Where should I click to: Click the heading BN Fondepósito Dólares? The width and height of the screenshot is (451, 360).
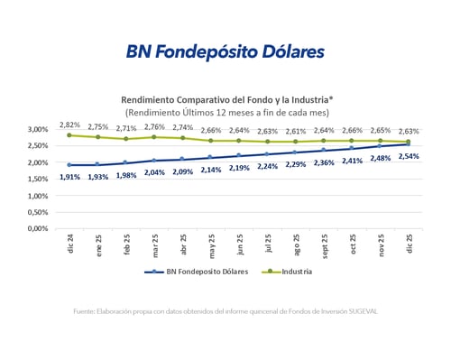tap(225, 51)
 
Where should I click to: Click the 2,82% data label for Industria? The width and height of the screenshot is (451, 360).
tap(69, 124)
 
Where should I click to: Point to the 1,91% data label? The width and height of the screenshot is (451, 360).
tap(69, 177)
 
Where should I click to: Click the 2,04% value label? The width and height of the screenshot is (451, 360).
tap(154, 172)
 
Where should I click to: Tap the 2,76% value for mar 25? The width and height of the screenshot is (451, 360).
tap(154, 127)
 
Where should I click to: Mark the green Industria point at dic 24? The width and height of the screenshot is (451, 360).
tap(69, 135)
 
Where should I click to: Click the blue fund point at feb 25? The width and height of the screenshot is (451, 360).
tap(125, 163)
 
